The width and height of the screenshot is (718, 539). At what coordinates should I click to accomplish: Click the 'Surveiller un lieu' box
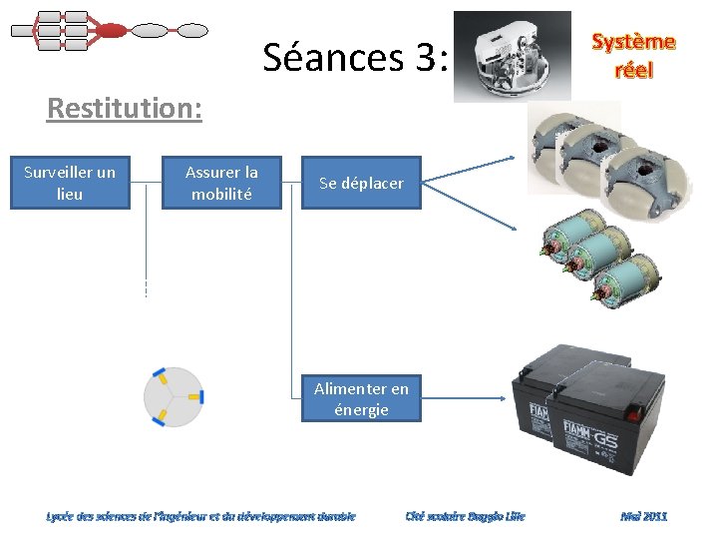pyautogui.click(x=70, y=183)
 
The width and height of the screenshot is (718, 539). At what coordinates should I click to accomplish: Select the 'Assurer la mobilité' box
pyautogui.click(x=221, y=183)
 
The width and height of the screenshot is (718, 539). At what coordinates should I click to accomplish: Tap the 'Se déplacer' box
pyautogui.click(x=361, y=184)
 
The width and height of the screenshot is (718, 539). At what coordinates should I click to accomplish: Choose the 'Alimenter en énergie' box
pyautogui.click(x=361, y=398)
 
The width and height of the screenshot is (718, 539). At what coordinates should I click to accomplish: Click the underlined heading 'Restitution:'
pyautogui.click(x=124, y=108)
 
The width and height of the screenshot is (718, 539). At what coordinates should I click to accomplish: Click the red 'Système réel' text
pyautogui.click(x=633, y=56)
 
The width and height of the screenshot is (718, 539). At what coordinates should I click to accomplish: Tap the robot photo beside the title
pyautogui.click(x=512, y=56)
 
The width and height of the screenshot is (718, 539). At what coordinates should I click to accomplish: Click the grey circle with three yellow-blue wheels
pyautogui.click(x=174, y=396)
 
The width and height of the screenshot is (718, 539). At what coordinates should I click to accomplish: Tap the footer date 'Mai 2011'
pyautogui.click(x=643, y=516)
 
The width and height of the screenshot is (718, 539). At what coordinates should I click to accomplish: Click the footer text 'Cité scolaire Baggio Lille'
pyautogui.click(x=465, y=516)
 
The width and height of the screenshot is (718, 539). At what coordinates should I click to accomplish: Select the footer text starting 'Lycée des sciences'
pyautogui.click(x=200, y=516)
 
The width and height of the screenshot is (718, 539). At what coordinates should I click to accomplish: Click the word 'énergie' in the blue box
pyautogui.click(x=361, y=409)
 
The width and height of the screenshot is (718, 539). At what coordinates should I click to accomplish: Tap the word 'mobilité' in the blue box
pyautogui.click(x=221, y=194)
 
